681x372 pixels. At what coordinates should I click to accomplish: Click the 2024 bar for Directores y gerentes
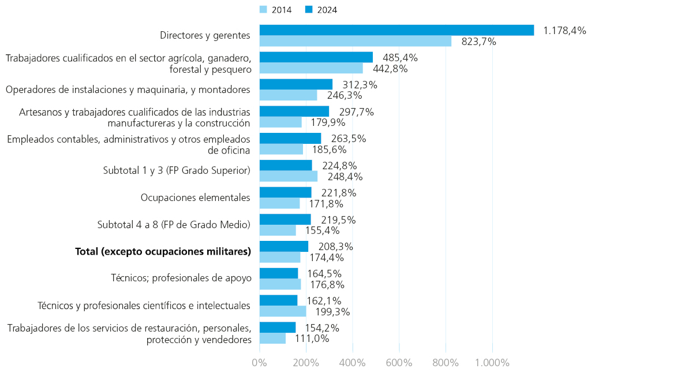396,30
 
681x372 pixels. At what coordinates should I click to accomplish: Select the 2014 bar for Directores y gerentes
355,41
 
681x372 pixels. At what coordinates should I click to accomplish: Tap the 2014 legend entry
276,9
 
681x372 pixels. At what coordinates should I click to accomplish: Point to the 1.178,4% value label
564,31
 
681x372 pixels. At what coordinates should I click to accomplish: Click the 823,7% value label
478,42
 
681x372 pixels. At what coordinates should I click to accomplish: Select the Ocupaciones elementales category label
195,198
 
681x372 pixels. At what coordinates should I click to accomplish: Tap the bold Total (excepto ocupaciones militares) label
163,252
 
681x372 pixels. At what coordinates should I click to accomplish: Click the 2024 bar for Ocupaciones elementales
285,192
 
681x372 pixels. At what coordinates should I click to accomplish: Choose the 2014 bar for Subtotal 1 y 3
288,176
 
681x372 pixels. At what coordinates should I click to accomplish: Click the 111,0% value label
312,338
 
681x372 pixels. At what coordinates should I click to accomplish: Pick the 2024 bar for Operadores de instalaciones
295,84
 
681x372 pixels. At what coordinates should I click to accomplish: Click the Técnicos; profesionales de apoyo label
181,278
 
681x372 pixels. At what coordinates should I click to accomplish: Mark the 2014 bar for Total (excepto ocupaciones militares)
279,258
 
